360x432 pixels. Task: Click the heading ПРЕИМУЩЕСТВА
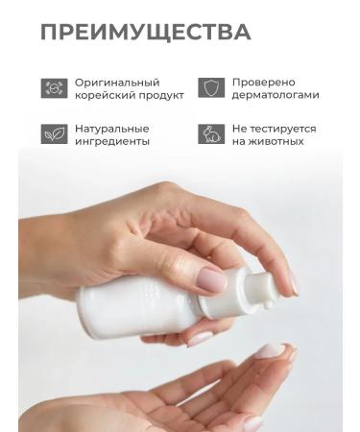click(145, 32)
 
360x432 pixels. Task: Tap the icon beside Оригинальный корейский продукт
click(55, 88)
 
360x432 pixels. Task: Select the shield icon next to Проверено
click(210, 88)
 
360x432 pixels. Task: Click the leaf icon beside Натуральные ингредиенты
click(55, 134)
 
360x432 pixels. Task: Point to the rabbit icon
click(210, 134)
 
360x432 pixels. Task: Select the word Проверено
click(264, 82)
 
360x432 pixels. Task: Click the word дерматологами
click(276, 95)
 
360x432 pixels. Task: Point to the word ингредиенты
click(114, 141)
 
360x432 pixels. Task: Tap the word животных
click(277, 141)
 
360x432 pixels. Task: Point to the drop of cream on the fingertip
click(272, 351)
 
